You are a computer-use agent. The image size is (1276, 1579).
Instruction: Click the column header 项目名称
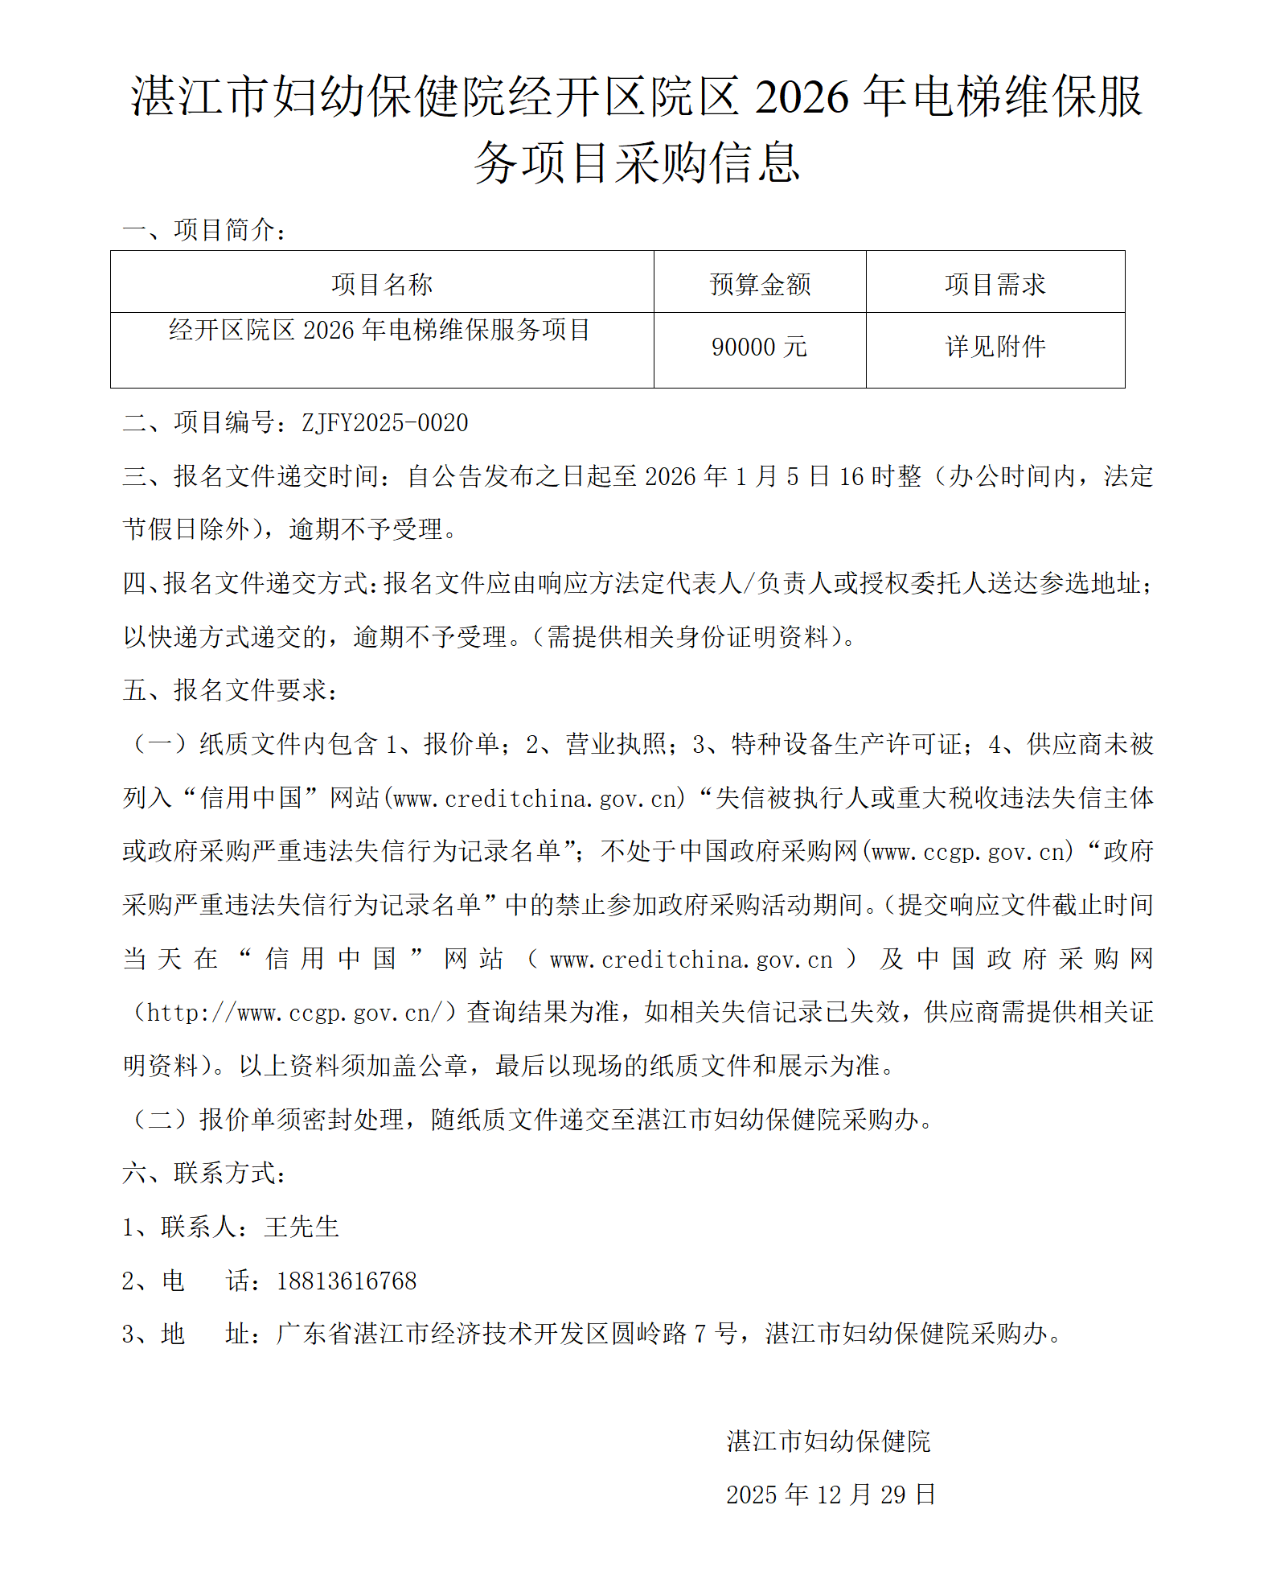382,284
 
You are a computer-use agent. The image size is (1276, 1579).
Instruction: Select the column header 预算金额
760,284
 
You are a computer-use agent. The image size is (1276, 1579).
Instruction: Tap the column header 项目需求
995,284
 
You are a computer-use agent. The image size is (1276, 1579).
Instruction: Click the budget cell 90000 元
759,347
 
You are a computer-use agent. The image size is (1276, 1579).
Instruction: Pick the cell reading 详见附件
995,347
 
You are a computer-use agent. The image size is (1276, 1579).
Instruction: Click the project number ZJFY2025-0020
384,423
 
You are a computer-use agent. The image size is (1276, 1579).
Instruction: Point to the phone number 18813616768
347,1281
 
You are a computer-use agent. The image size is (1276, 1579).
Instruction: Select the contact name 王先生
302,1227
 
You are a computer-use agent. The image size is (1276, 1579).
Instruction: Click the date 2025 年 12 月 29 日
831,1495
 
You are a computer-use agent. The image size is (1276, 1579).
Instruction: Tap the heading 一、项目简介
204,231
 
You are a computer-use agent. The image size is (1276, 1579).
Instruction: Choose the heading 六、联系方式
204,1174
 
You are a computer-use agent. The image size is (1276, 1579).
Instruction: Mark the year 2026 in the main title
802,97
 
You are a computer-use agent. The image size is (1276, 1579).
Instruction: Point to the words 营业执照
616,744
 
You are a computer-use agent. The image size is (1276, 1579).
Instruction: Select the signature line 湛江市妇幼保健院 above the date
828,1441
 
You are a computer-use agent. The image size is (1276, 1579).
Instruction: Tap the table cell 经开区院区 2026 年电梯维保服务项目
380,330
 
